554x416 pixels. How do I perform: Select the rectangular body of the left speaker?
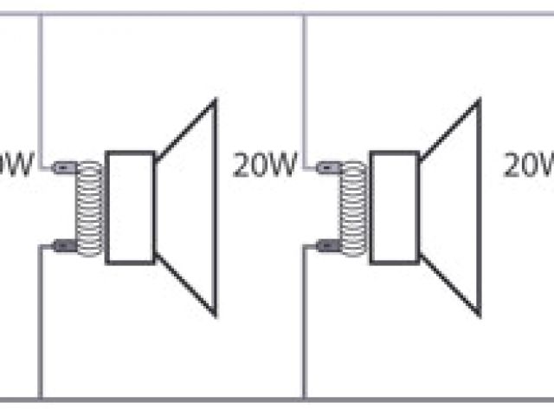tap(130, 208)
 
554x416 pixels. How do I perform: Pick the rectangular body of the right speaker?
tap(395, 208)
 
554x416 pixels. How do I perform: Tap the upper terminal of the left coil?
tap(63, 166)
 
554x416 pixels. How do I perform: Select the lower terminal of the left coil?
tap(63, 246)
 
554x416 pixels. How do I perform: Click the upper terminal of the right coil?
tap(327, 166)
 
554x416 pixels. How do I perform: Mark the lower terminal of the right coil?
tap(327, 246)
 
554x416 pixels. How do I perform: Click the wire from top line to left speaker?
tap(40, 87)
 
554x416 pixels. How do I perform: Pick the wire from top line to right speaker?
tap(304, 87)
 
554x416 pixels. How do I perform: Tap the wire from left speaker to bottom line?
tap(40, 329)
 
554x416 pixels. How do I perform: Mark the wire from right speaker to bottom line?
tap(304, 329)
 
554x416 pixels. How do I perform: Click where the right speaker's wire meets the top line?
tap(304, 15)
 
